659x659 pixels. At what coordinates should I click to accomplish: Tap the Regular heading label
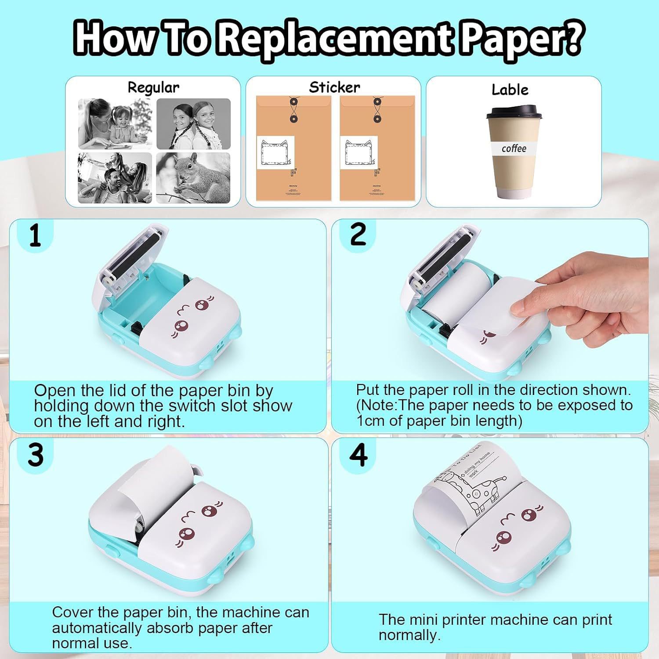coord(153,87)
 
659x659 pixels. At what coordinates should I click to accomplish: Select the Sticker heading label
coord(334,87)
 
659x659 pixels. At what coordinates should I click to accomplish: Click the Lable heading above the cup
coord(510,90)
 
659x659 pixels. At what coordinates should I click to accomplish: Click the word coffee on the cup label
coord(514,148)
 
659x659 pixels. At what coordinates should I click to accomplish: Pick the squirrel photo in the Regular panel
coord(193,178)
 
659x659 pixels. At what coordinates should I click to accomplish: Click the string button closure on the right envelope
coord(377,110)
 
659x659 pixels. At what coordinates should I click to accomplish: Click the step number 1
coord(35,236)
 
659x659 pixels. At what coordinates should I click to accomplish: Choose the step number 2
coord(358,234)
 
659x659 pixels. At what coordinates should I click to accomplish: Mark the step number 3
coord(35,455)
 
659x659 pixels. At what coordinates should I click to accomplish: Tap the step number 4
coord(358,455)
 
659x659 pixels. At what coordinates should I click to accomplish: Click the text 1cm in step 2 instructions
coord(371,421)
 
